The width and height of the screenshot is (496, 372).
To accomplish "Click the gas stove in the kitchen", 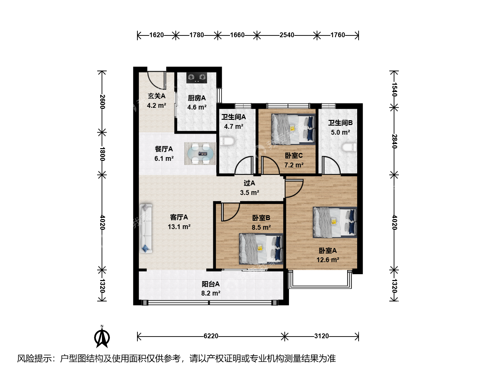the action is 197,78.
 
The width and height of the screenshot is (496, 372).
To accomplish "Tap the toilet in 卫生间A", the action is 227,141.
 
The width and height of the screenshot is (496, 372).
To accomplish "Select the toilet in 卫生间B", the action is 349,147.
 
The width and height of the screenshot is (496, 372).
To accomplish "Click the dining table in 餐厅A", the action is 200,154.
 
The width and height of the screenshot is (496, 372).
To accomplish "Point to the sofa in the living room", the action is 146,229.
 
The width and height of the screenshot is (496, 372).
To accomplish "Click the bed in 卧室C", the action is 293,129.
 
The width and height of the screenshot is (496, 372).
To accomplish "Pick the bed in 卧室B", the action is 261,249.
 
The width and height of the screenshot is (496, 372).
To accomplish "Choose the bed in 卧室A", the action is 335,223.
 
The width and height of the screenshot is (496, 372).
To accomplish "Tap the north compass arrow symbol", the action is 102,337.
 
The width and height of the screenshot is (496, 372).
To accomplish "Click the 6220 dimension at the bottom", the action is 211,336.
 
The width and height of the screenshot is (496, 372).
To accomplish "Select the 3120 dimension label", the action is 321,336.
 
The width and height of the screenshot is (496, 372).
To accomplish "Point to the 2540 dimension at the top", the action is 287,35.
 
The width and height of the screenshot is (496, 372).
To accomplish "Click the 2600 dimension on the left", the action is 102,102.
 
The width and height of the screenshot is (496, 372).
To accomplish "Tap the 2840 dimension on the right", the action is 394,141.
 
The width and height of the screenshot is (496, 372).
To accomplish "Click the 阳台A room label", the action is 210,284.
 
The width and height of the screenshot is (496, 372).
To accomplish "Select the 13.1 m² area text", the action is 179,227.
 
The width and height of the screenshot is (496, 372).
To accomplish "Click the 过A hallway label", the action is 249,183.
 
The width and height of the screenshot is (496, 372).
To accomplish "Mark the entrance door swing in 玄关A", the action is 157,80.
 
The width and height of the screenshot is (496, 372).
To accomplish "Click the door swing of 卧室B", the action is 230,212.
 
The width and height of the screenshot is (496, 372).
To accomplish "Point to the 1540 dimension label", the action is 394,90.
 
